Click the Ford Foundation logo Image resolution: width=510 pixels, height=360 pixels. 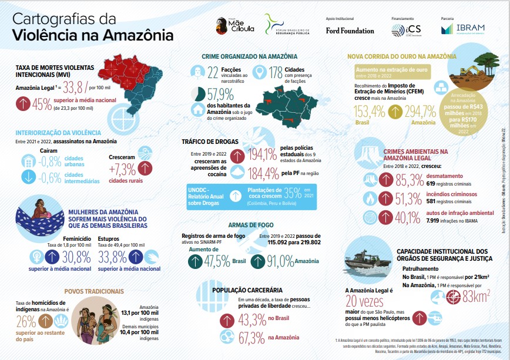click(x=350, y=31)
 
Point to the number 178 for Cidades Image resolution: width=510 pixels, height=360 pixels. click(x=276, y=73)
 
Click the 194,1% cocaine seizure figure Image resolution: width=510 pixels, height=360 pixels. click(x=262, y=156)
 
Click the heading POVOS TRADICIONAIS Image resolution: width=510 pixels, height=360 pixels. click(x=94, y=291)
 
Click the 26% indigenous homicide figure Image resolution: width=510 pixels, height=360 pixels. click(x=26, y=321)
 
